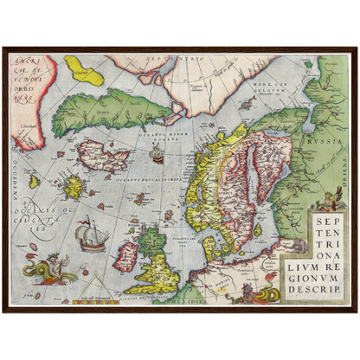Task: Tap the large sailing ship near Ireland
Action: click(89, 235)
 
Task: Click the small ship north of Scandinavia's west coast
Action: click(157, 155)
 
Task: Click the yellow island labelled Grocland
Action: click(84, 69)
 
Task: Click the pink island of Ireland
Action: click(127, 254)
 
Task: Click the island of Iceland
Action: click(101, 156)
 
